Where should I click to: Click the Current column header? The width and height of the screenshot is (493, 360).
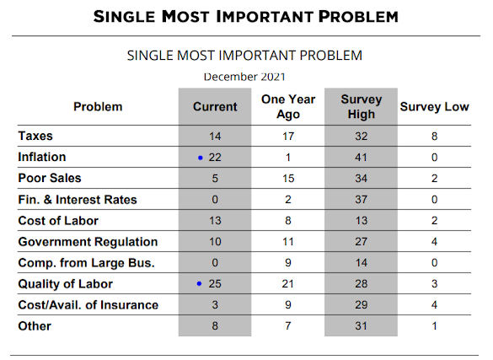coord(215,107)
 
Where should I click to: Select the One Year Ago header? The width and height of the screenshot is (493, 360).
coord(288,106)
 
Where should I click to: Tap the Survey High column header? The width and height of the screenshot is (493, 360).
coord(362,106)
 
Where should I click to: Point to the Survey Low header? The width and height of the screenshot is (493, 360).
coord(434,107)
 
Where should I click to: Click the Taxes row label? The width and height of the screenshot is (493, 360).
coord(35,136)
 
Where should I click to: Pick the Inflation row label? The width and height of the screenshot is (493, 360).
coord(42,157)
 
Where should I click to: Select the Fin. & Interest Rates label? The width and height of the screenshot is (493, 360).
coord(78,200)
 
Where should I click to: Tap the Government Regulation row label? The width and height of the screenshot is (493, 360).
coord(88,242)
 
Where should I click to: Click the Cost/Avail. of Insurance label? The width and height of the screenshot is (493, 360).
coord(88,305)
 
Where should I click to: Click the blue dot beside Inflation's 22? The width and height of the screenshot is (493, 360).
coord(201,158)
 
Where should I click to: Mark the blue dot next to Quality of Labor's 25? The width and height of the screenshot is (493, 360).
coord(199,284)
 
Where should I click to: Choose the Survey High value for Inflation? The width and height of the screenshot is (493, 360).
coord(361,157)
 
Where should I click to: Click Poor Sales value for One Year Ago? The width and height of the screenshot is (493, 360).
coord(288,178)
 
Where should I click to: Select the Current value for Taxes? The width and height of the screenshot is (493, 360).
coord(215,136)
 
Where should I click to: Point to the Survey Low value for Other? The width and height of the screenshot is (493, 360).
coord(434,326)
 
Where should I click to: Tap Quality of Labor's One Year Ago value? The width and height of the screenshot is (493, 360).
coord(287,284)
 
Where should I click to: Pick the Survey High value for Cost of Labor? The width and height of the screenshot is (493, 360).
coord(362,220)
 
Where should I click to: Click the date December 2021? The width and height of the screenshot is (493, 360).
coord(244,77)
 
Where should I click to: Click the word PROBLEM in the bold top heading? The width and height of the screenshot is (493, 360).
coord(358,17)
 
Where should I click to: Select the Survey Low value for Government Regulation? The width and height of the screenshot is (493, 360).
coord(434,242)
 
